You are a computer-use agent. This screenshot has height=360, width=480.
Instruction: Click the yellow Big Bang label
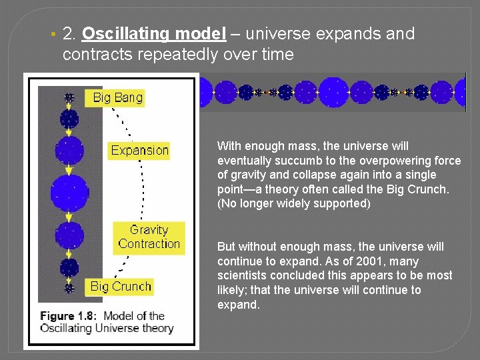point(117,98)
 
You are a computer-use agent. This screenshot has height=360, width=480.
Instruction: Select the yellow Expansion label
point(139,151)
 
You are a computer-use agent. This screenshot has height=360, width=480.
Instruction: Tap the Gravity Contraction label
point(149,237)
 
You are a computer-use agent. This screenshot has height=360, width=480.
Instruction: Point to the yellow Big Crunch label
point(121,287)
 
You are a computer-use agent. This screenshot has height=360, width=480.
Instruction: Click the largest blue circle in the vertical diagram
point(69,190)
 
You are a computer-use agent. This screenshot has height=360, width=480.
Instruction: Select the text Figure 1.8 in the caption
point(69,316)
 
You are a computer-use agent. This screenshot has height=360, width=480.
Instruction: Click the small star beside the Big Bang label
point(69,98)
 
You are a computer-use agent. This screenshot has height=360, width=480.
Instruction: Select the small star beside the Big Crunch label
point(69,288)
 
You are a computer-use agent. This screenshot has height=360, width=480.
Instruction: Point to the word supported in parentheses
point(341,203)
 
